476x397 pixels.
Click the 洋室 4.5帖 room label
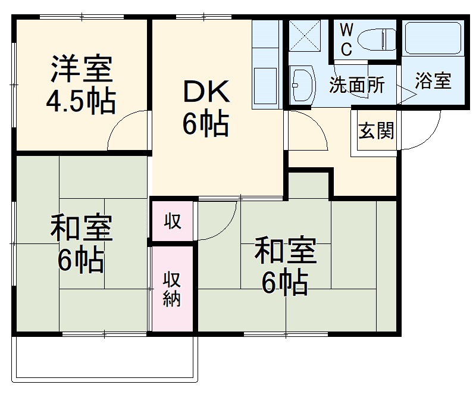pyautogui.click(x=81, y=84)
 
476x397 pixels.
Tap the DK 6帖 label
pyautogui.click(x=205, y=108)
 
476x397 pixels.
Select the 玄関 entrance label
pyautogui.click(x=375, y=131)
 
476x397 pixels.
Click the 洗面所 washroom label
pyautogui.click(x=356, y=85)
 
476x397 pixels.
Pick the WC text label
pyautogui.click(x=347, y=39)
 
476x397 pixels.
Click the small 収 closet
pyautogui.click(x=173, y=221)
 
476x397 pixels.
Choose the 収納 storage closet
pyautogui.click(x=173, y=289)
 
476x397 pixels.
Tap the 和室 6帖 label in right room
pyautogui.click(x=284, y=267)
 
